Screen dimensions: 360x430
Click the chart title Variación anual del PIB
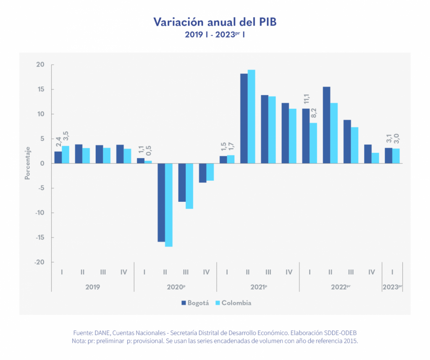(215, 22)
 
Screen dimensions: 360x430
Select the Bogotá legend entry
(195, 303)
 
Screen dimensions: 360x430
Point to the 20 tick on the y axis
(40, 65)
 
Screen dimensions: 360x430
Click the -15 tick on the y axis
(39, 237)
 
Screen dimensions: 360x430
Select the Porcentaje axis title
(27, 163)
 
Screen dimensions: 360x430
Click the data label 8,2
(314, 114)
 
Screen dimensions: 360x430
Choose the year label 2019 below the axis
(92, 287)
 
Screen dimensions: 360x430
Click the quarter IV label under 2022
(371, 272)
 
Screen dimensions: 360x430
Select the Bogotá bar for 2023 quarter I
(388, 156)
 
